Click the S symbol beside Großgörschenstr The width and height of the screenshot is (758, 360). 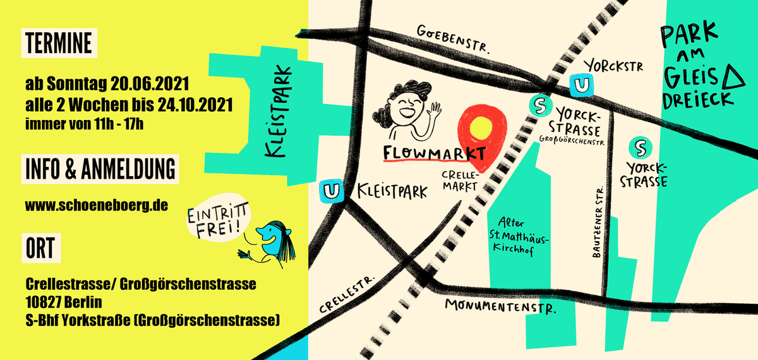pyautogui.click(x=539, y=106)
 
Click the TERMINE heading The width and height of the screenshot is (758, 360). pyautogui.click(x=59, y=44)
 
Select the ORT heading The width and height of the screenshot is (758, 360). pyautogui.click(x=40, y=247)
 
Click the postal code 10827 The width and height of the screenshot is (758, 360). pyautogui.click(x=44, y=302)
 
